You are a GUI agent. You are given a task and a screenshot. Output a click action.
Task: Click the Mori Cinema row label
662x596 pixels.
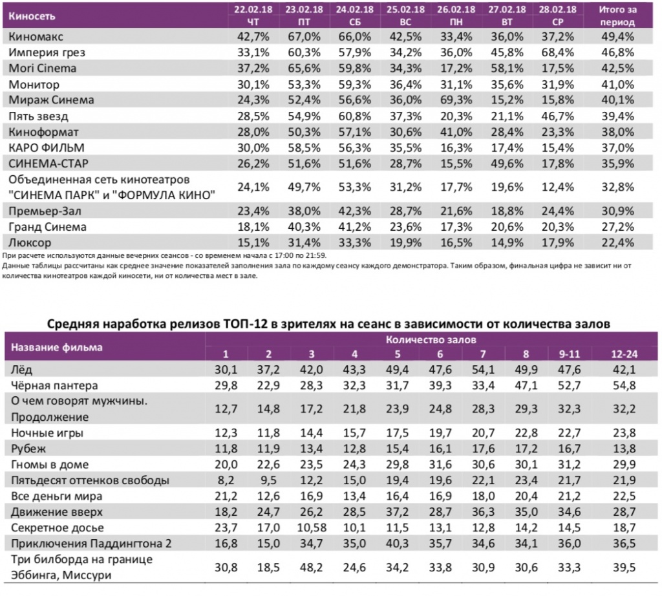pos(43,68)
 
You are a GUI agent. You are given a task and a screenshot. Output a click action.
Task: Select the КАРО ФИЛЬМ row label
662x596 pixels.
pos(47,148)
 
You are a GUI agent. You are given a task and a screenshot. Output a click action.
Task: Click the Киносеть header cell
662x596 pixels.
pos(32,16)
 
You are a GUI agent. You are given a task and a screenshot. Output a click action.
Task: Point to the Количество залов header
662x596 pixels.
pos(432,339)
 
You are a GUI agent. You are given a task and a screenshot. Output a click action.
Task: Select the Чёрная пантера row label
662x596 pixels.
pos(55,385)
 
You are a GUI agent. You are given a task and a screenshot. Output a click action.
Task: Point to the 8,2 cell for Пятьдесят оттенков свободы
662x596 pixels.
pos(226,480)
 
